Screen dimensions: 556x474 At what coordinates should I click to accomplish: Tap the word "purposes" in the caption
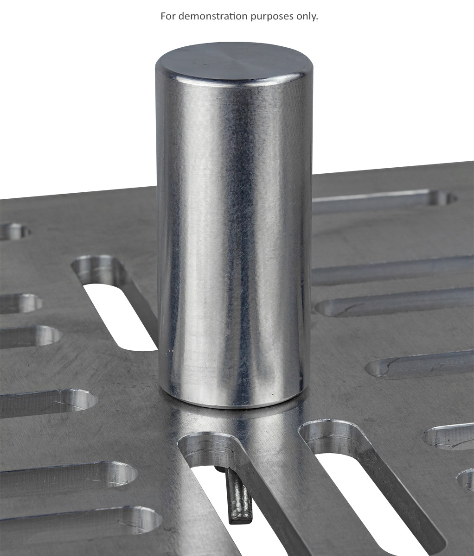click(272, 17)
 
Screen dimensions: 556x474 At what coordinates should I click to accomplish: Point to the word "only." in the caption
click(307, 16)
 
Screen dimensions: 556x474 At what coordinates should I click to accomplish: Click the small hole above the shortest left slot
click(14, 231)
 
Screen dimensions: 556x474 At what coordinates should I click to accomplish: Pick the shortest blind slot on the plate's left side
click(21, 303)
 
